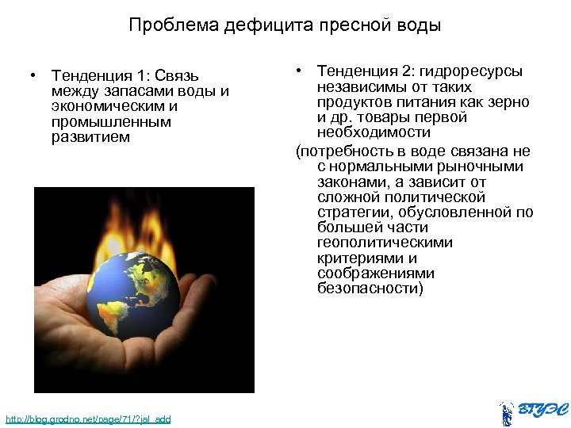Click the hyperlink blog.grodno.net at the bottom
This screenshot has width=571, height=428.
click(87, 418)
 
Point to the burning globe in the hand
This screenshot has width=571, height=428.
click(135, 294)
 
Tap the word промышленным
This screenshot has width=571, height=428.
click(110, 121)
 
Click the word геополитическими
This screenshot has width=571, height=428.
click(385, 243)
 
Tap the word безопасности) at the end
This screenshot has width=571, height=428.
click(370, 289)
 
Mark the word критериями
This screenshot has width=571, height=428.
click(356, 258)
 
